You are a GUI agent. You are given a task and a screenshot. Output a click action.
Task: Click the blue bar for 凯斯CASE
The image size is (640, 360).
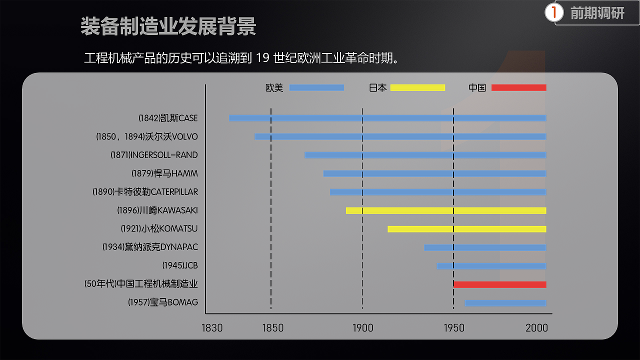387,118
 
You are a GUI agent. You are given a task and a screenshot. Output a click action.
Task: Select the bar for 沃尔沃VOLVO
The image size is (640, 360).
400,136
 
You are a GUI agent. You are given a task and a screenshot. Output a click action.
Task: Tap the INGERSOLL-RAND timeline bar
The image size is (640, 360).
425,155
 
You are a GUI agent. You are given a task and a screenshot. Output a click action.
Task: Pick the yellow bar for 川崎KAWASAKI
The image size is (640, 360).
446,210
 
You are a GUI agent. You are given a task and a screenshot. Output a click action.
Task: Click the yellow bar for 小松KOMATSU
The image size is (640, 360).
466,229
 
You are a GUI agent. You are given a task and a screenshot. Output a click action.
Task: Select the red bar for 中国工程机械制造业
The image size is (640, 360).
499,284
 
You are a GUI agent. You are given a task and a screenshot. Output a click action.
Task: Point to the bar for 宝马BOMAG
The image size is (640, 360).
505,303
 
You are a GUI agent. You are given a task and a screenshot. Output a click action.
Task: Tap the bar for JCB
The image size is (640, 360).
491,266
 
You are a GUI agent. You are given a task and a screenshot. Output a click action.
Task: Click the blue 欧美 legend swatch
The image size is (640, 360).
316,88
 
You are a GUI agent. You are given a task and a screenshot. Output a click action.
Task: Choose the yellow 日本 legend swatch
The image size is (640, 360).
417,88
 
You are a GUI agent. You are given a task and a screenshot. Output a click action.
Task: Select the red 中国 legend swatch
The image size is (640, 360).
518,88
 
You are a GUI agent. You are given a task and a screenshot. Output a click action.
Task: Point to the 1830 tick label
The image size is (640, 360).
212,328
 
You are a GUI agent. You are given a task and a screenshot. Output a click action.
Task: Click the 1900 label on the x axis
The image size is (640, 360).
362,328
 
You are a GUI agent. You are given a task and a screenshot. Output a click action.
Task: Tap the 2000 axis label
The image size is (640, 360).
536,328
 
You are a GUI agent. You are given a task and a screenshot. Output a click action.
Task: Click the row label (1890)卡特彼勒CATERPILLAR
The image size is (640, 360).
145,192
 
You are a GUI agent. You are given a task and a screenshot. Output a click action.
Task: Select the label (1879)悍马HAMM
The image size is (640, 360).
164,173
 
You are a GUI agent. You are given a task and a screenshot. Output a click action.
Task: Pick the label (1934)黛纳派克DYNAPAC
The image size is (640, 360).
150,247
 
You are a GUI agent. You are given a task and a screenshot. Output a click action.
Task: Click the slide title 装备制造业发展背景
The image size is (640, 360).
168,26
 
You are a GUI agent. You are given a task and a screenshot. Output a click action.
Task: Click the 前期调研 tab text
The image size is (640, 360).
597,13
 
